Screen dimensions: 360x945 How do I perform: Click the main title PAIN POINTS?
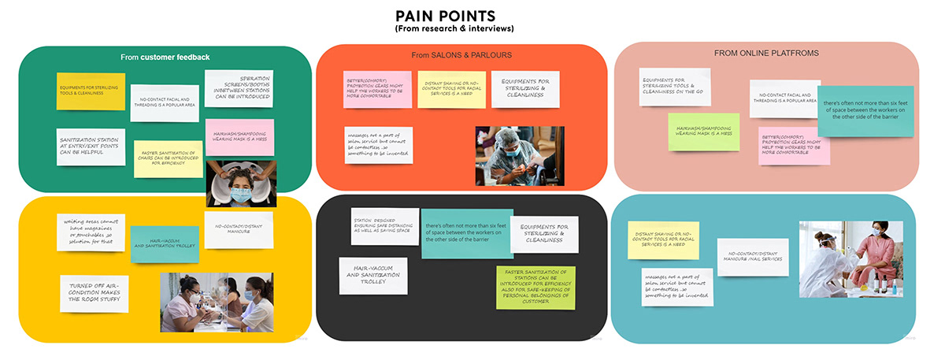coord(446,16)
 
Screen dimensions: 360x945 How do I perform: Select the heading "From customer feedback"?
coord(165,57)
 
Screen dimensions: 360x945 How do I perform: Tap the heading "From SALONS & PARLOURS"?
coord(461,55)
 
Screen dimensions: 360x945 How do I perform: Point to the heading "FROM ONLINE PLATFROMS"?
coord(766,53)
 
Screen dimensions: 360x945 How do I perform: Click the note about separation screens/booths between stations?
coord(239,88)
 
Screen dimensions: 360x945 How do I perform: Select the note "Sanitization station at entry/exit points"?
coord(91,146)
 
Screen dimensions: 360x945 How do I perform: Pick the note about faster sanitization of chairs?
coord(168,158)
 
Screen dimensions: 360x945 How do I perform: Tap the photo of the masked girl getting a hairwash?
coord(239,184)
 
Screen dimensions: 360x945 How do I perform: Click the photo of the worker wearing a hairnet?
coord(519,156)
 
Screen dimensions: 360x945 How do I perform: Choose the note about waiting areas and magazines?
coord(91,232)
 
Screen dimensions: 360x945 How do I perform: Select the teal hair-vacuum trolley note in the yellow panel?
coord(164,244)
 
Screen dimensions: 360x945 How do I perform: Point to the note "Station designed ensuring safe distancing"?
coord(384,226)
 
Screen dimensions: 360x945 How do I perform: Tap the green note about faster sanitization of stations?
coord(535,287)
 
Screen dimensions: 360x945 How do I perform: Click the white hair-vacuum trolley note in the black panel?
coord(373,276)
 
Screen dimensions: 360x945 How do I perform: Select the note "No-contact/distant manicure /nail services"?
coord(752,258)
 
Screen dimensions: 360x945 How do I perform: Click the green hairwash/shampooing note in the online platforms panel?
coord(703,132)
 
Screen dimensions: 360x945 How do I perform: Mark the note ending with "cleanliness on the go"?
coord(674,87)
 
